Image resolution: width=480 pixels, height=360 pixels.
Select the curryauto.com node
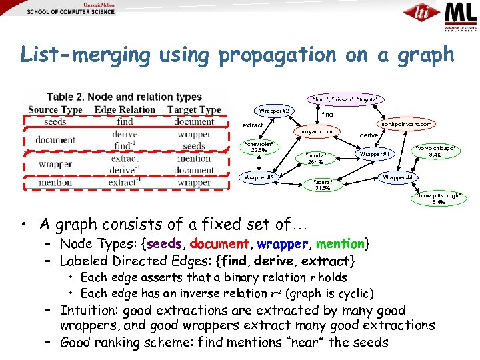point(317,131)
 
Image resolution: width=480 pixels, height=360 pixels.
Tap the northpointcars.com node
point(407,124)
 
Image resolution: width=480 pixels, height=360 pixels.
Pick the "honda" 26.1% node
point(315,158)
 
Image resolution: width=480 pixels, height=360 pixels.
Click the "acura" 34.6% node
point(322,184)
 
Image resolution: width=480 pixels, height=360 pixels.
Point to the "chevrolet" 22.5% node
point(258,147)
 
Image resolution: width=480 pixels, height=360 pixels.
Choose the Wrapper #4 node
point(397,177)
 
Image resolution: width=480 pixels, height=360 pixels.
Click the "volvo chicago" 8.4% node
point(436,151)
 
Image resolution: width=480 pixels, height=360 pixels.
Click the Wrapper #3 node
point(259,177)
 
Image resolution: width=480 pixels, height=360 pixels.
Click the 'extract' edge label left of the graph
point(252,125)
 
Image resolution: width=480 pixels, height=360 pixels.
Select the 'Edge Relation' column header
point(125,109)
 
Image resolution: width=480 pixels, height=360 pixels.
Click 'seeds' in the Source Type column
point(55,121)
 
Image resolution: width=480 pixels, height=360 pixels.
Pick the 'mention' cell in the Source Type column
point(55,182)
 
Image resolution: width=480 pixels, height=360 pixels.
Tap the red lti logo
point(422,14)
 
